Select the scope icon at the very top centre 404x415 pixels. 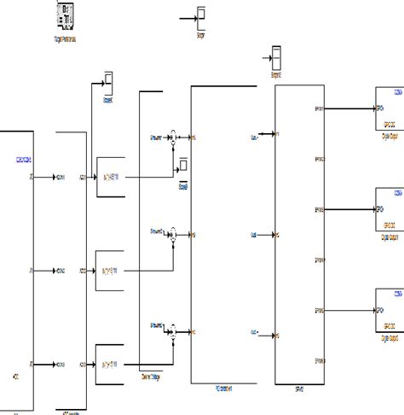point(201,15)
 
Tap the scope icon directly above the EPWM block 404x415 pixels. point(276,60)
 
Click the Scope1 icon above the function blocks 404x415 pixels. point(108,84)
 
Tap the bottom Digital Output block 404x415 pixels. point(386,309)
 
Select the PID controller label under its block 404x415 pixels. point(226,386)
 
